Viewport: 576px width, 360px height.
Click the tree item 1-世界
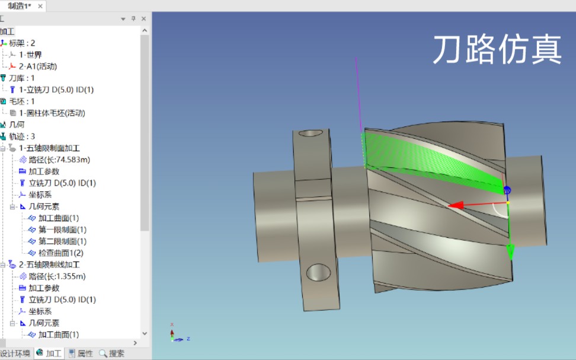tap(30, 55)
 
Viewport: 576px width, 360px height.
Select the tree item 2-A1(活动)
tap(38, 66)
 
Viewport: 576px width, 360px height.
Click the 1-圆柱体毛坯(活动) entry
tap(52, 113)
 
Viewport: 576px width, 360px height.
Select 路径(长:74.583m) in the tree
tap(59, 160)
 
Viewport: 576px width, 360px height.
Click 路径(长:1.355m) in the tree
tap(57, 276)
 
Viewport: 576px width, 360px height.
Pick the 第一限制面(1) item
tap(62, 230)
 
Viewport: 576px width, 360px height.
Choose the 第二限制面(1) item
tap(62, 241)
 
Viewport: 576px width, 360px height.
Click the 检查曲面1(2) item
tap(61, 253)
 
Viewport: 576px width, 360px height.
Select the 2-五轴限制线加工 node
tap(49, 265)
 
